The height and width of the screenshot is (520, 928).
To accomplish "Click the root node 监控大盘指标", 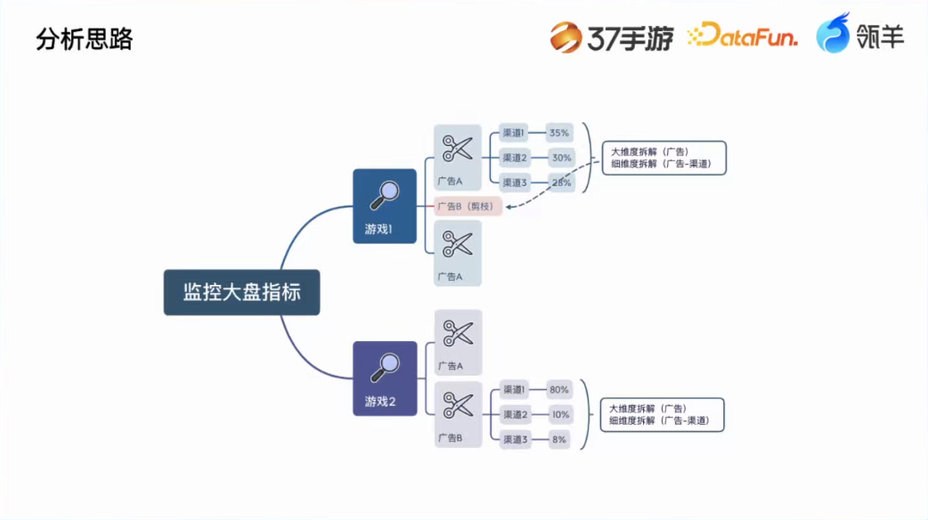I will click(241, 292).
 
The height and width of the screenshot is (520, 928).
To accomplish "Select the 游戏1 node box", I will click(384, 206).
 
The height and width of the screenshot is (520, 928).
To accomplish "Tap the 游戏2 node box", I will click(384, 378).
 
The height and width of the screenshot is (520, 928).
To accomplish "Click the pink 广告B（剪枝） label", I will click(468, 207).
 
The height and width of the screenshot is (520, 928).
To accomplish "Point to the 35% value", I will click(559, 134).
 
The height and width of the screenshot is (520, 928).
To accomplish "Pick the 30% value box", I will click(560, 158).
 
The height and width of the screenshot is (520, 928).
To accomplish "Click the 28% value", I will click(560, 183).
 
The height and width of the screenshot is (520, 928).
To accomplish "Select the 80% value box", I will click(559, 390).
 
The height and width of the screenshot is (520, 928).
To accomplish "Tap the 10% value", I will click(559, 414).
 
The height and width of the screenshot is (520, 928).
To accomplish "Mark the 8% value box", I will click(558, 439).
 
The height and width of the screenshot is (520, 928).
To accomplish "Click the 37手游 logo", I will click(611, 37).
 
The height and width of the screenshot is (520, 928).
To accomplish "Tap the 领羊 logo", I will click(859, 37).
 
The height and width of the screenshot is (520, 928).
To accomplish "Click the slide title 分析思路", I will click(84, 39).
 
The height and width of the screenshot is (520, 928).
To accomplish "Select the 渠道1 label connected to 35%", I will click(514, 134).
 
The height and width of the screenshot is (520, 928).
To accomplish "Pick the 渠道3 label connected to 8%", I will click(515, 439).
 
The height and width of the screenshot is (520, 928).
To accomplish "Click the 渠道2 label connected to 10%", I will click(515, 414).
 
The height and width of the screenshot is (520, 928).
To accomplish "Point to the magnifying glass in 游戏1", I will click(386, 193).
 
